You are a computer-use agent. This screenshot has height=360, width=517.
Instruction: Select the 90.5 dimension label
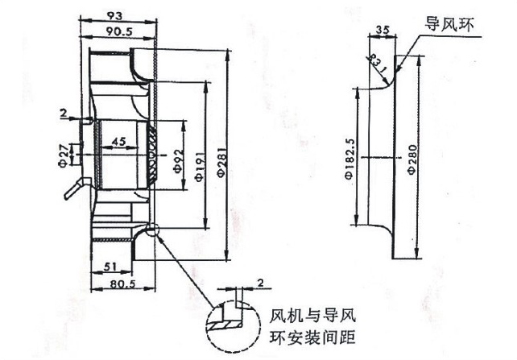click(118, 31)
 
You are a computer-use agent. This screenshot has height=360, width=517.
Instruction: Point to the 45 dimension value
click(118, 143)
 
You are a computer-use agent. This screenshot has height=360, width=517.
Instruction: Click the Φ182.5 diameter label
click(350, 159)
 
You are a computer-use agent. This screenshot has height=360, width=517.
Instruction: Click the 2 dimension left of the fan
click(63, 113)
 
